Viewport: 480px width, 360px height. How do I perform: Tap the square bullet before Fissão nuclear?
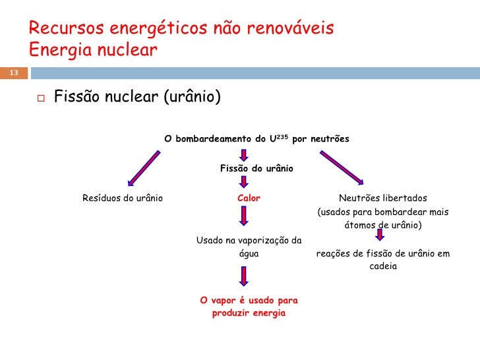tap(40, 99)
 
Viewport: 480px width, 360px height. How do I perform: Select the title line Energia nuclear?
tap(94, 49)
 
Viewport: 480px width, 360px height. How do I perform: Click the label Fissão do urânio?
tap(256, 168)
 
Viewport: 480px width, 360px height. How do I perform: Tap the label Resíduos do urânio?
tap(122, 198)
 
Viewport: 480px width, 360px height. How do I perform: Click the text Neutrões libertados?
tap(382, 198)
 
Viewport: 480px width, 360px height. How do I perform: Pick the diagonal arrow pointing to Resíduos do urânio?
tap(143, 168)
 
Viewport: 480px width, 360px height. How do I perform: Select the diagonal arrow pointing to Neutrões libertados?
tap(342, 167)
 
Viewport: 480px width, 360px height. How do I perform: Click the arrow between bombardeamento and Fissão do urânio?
tap(243, 154)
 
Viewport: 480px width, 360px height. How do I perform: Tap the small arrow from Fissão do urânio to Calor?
tap(243, 182)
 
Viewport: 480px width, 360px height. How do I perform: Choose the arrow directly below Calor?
tap(244, 216)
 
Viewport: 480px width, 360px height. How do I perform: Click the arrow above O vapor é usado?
tap(244, 276)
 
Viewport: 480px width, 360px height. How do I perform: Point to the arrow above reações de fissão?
tap(380, 235)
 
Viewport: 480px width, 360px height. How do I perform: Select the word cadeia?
tap(383, 267)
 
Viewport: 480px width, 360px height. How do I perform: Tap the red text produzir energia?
tap(249, 313)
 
